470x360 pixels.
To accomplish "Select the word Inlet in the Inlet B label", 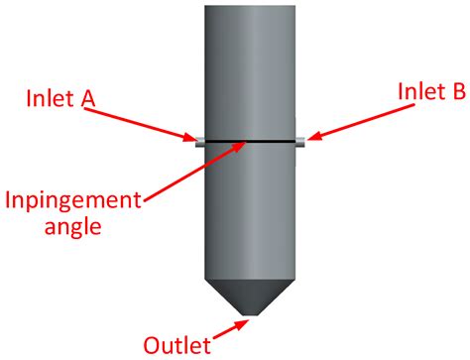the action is click(417, 91).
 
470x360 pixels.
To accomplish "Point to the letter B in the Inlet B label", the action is click(458, 91).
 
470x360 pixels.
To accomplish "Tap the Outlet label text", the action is click(179, 345).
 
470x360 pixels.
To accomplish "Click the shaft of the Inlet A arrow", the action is click(149, 122).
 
